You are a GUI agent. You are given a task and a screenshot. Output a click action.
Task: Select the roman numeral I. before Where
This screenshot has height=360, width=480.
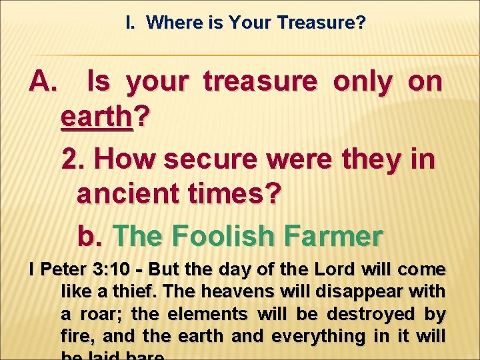coord(131,23)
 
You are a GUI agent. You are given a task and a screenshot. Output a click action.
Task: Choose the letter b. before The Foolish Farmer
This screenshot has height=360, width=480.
coord(91,235)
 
